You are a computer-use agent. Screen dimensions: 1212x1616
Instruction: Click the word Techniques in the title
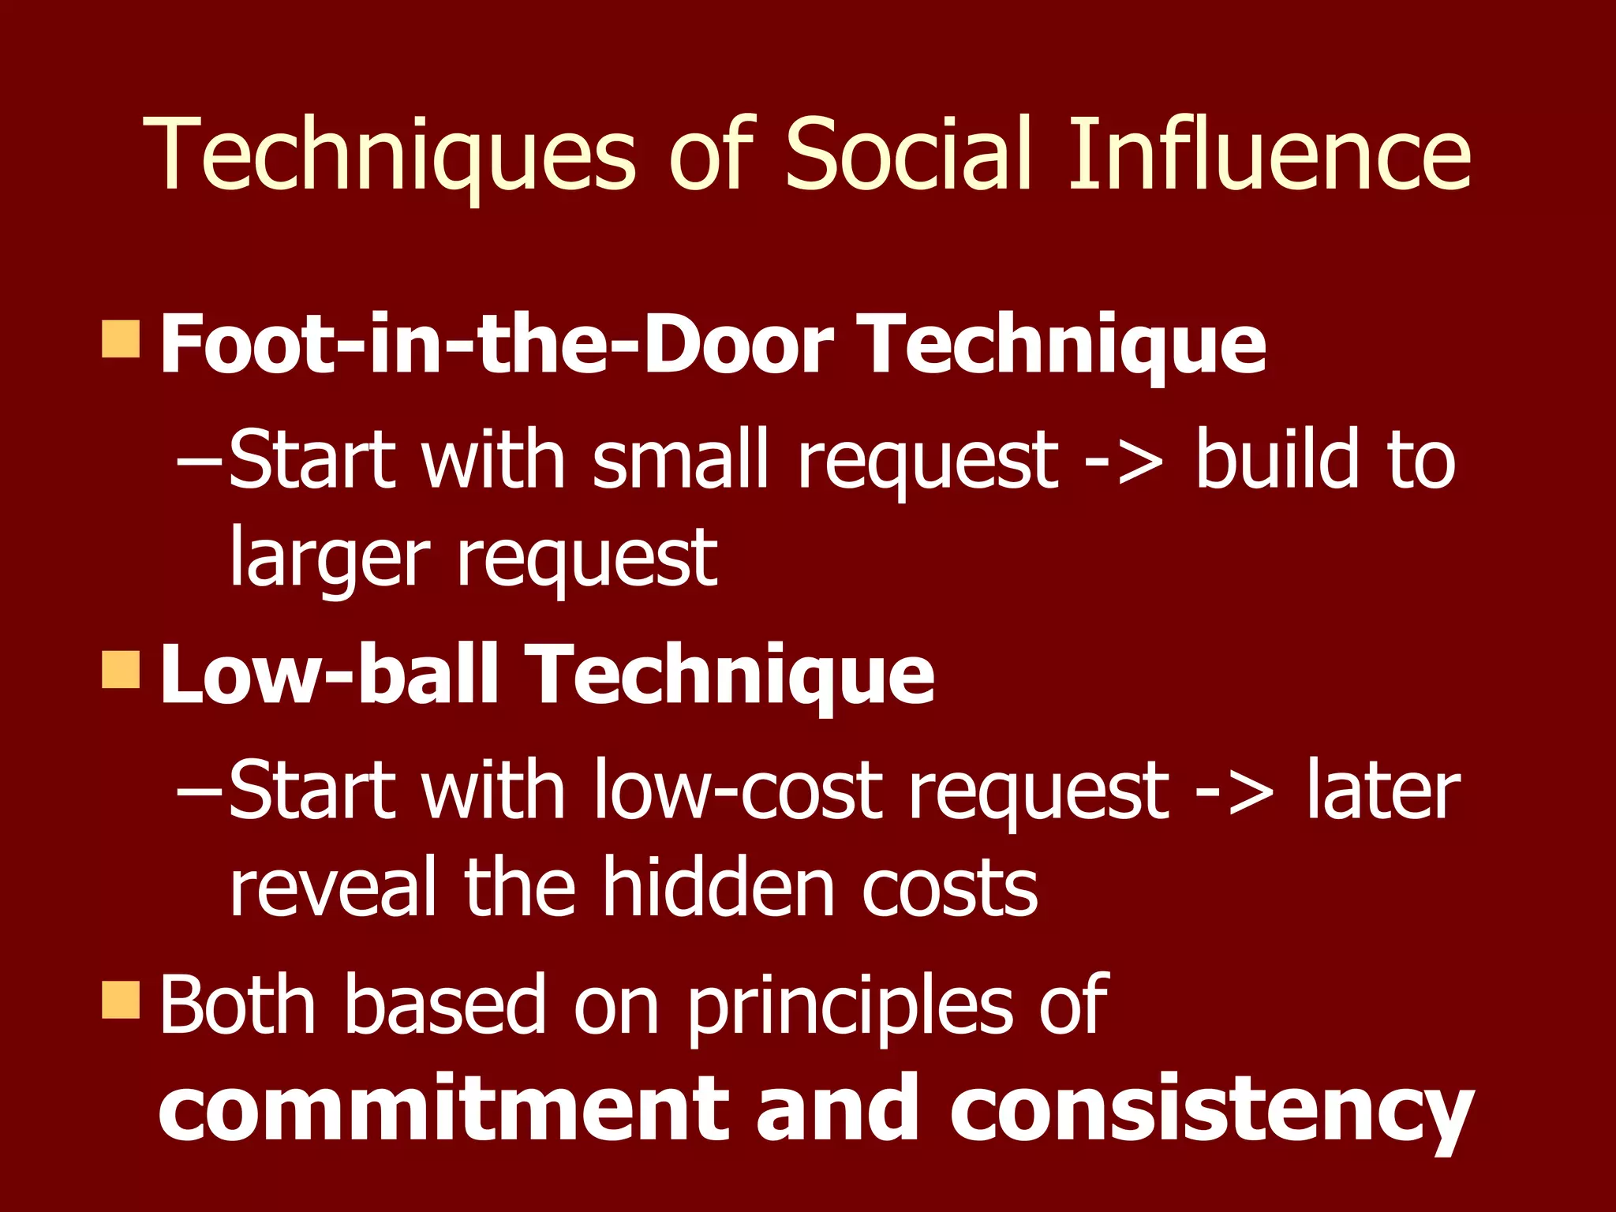(389, 155)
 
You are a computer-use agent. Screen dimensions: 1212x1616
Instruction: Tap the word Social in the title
(908, 155)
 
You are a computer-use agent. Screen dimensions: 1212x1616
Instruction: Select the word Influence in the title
(1269, 155)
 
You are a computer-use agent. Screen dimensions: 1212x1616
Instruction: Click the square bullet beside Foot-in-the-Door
(121, 339)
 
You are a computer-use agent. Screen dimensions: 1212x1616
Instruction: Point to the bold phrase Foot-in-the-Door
(496, 344)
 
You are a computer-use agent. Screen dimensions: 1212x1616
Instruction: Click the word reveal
(332, 888)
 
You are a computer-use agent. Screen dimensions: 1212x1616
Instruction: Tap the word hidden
(717, 888)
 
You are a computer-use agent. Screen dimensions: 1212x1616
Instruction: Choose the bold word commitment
(444, 1108)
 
